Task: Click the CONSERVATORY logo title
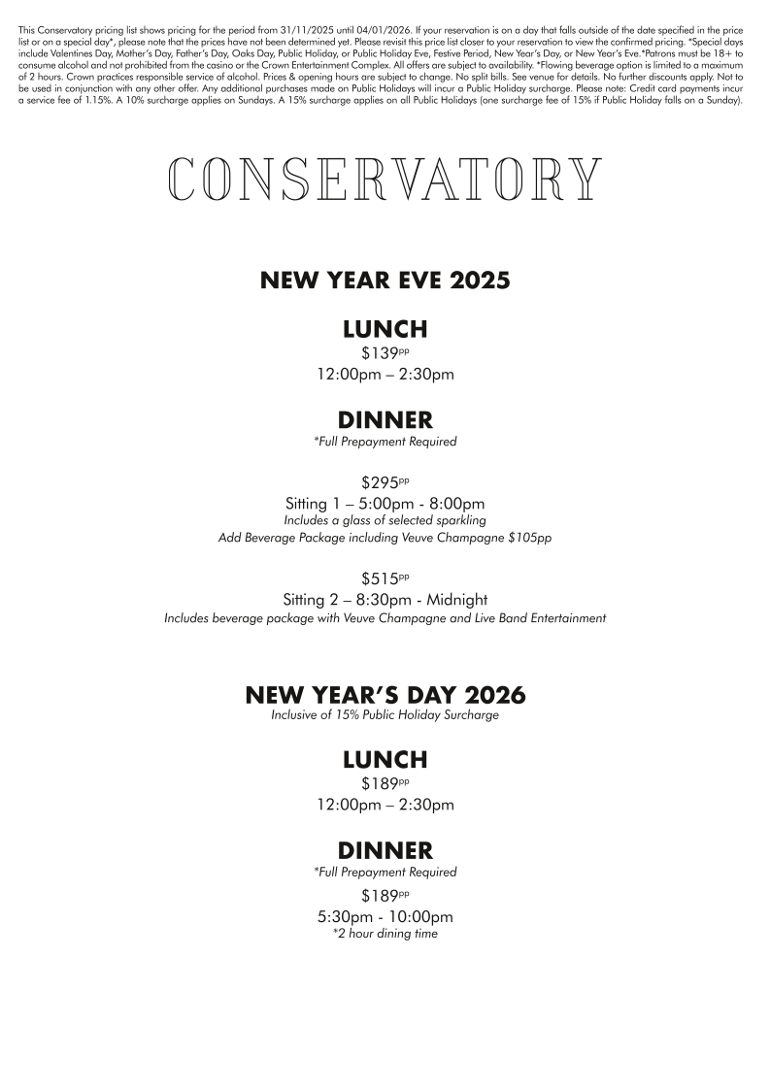point(385,180)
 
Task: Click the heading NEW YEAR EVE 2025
point(385,281)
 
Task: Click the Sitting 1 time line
point(385,504)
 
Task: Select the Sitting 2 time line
point(385,599)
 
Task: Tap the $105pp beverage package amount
point(529,538)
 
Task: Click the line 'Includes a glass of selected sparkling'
point(385,520)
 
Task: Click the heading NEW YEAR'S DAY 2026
point(385,696)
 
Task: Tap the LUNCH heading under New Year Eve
point(385,329)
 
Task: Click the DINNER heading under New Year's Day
point(385,851)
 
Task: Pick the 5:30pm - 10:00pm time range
point(385,917)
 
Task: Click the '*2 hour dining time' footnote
point(385,934)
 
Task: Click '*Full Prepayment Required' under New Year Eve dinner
point(385,442)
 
